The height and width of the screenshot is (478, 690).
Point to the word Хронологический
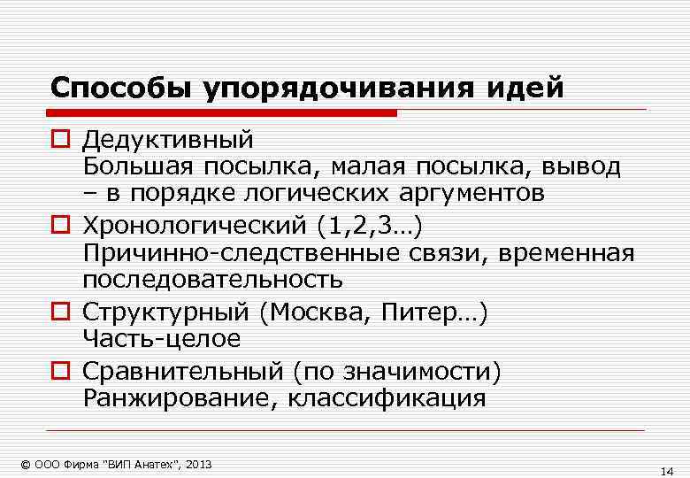[x=193, y=227]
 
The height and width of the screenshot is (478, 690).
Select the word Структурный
[x=165, y=313]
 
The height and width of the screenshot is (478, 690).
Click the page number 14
[x=667, y=472]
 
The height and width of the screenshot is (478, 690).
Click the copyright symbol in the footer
[x=25, y=465]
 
